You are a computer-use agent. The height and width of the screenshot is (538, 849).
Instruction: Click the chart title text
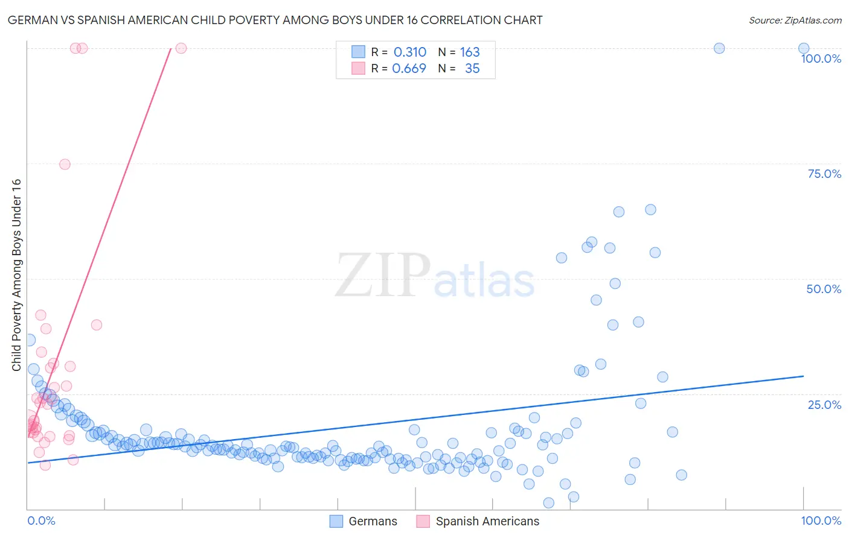[275, 20]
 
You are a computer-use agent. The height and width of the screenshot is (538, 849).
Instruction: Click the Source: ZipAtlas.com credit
[795, 20]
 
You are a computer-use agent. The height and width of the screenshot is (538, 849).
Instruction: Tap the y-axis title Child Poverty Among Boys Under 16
[16, 275]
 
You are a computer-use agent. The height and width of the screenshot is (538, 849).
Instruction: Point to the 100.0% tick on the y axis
[821, 59]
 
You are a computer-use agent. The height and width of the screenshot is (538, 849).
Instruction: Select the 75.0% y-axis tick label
[824, 174]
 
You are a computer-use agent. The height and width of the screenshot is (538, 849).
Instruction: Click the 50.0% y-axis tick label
[824, 289]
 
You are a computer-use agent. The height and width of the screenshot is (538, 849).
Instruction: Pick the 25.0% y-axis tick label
[824, 404]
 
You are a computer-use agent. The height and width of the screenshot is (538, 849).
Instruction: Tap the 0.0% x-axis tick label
[41, 521]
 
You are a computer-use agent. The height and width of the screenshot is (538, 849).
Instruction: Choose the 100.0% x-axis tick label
[821, 521]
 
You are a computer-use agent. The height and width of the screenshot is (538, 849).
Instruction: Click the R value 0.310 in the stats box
[410, 52]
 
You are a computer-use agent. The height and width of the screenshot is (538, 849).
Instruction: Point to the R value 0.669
[409, 69]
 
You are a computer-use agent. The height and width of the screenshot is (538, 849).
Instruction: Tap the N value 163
[470, 52]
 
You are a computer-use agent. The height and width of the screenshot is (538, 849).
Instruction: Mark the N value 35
[472, 69]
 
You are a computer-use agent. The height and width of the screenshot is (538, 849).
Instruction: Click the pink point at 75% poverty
[65, 164]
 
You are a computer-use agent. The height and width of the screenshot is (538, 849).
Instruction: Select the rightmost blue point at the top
[804, 48]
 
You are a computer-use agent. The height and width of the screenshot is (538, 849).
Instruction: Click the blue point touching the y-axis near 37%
[29, 340]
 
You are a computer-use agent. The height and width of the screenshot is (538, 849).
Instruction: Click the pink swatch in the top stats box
[358, 68]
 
